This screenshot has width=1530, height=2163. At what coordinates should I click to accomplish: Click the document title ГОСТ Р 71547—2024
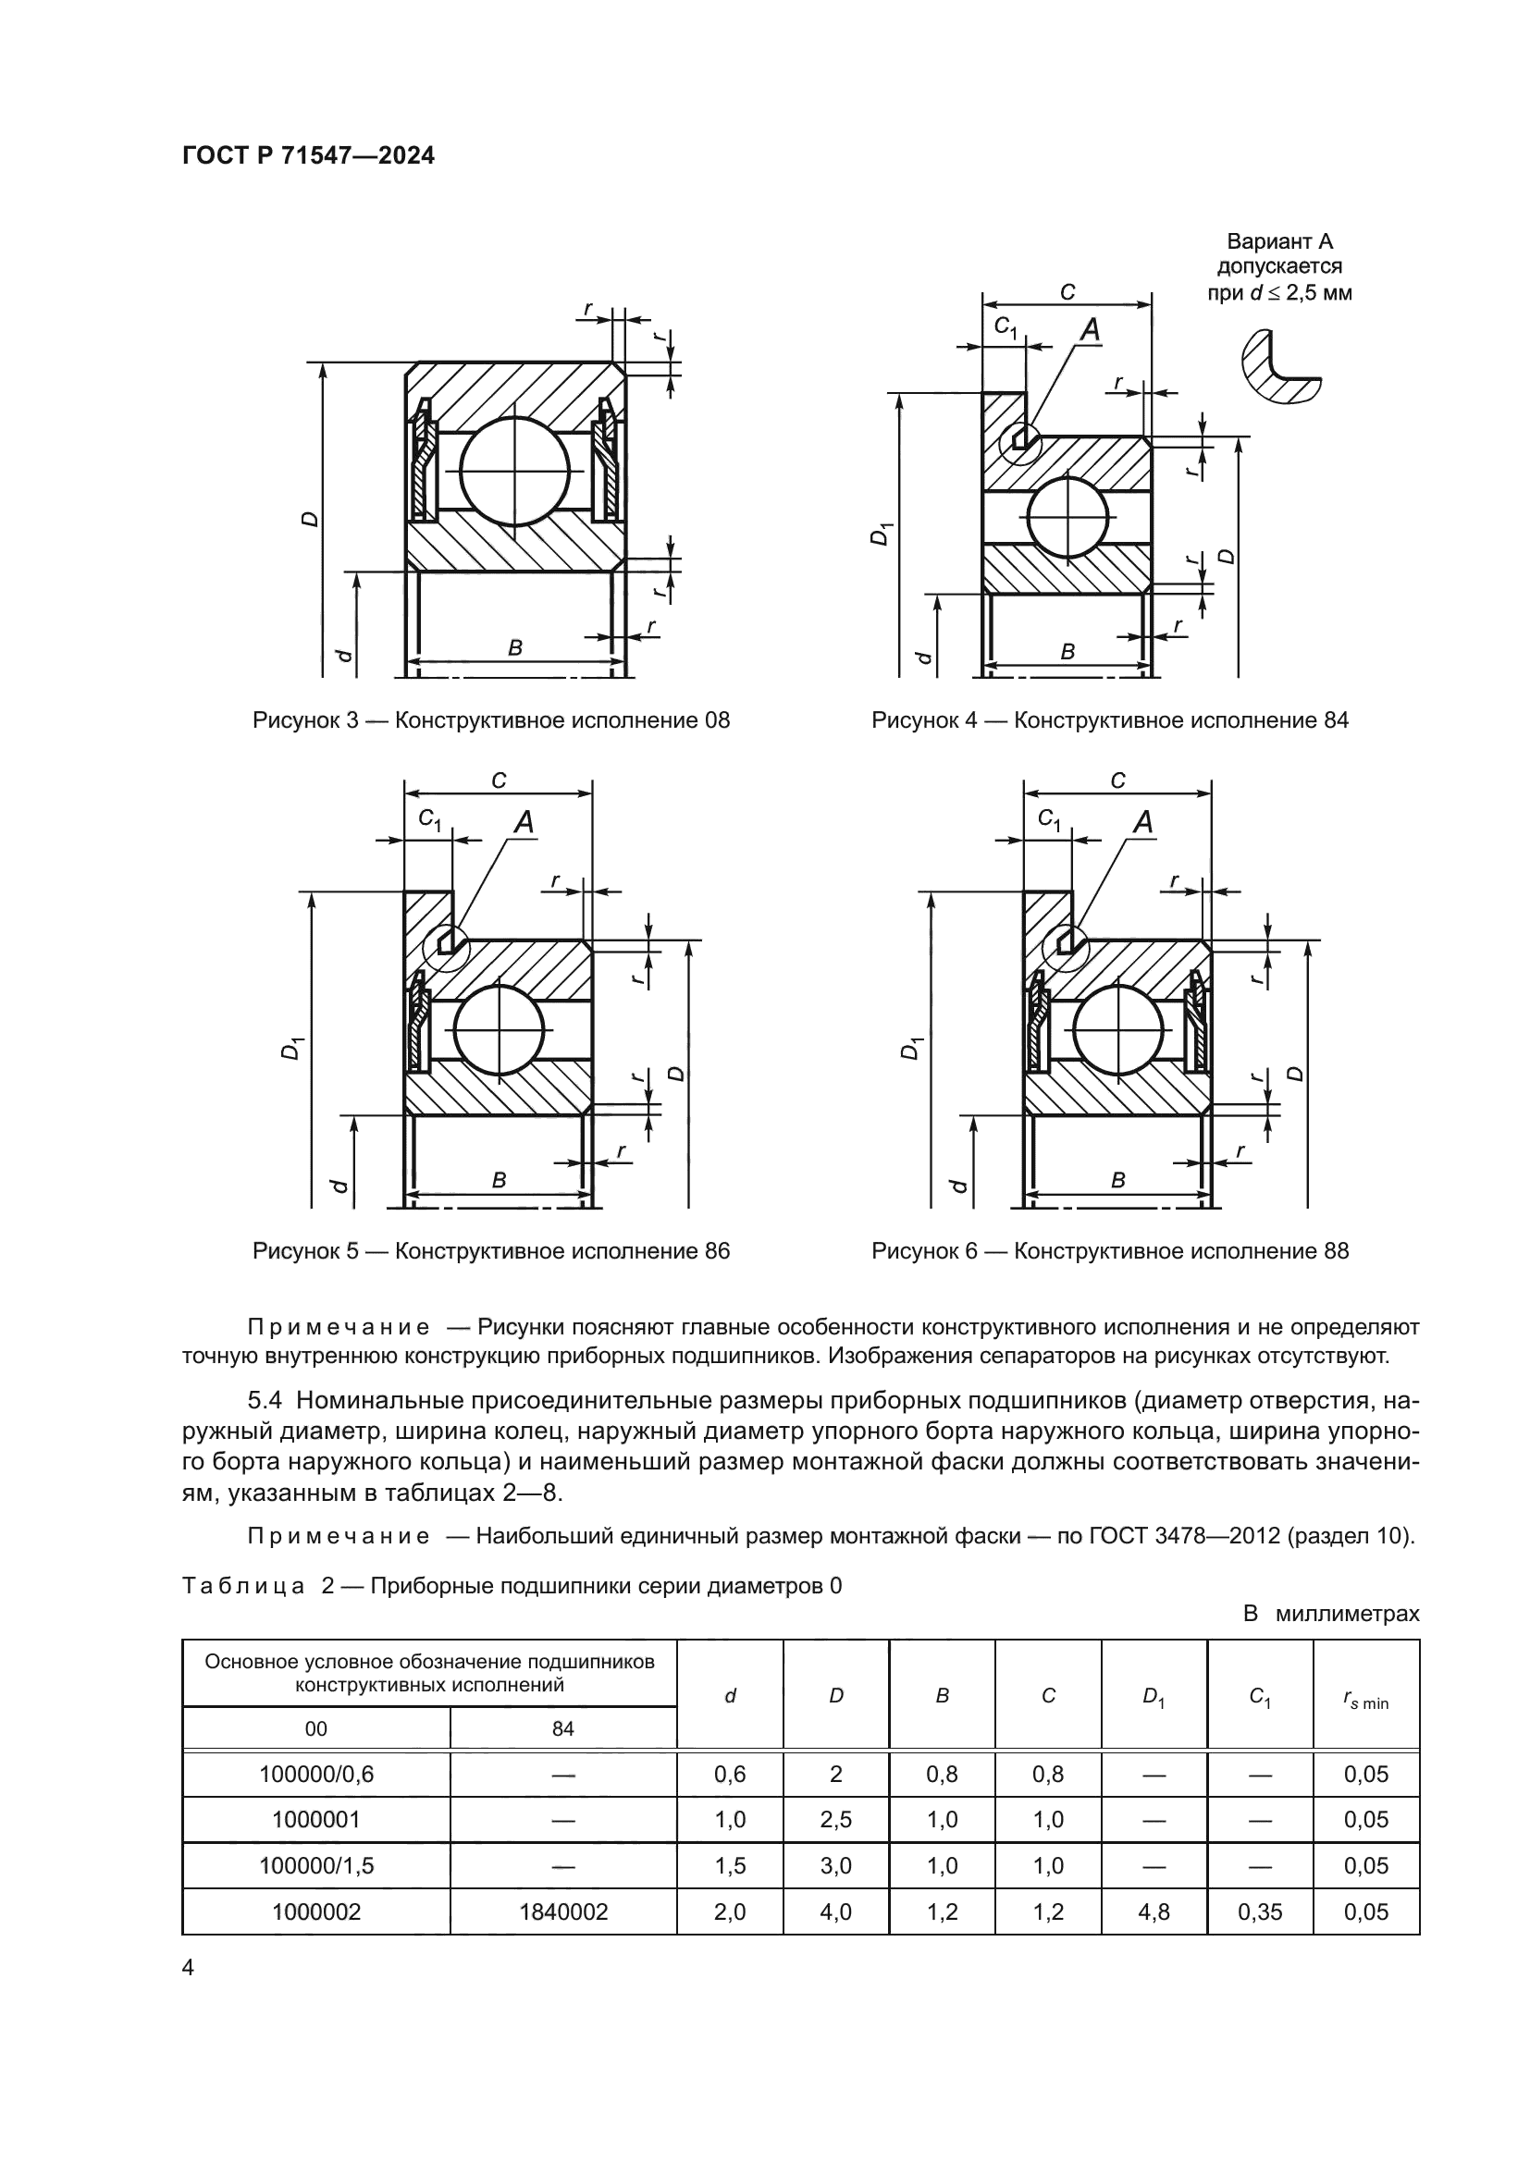click(x=308, y=155)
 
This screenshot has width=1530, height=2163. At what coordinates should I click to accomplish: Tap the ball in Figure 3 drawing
click(x=515, y=469)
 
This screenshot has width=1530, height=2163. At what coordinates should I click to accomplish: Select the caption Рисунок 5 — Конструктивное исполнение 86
click(x=491, y=1251)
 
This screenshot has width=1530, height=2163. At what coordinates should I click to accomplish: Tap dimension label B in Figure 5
click(x=500, y=1179)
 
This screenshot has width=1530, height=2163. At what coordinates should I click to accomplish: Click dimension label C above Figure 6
click(x=1117, y=780)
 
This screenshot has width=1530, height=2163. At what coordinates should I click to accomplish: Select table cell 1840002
click(x=562, y=1911)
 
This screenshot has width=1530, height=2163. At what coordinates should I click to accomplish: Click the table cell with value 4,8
click(x=1154, y=1911)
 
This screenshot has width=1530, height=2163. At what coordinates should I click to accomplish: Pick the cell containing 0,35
click(x=1260, y=1911)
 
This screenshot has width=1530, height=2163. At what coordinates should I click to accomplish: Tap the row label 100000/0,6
click(x=315, y=1774)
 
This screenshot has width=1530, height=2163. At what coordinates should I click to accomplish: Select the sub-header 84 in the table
click(x=562, y=1728)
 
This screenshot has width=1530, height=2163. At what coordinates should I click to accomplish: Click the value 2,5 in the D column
click(x=835, y=1819)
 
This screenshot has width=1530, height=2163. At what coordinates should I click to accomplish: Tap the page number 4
click(x=188, y=1968)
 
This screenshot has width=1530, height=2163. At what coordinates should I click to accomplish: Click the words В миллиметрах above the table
click(x=1330, y=1614)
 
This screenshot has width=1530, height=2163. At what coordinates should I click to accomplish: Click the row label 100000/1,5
click(x=315, y=1865)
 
